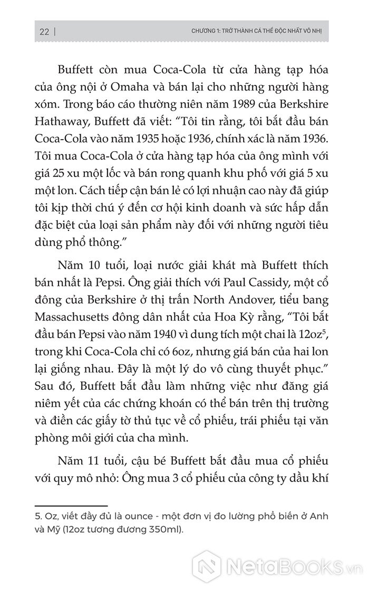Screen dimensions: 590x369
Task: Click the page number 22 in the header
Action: coord(44,32)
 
